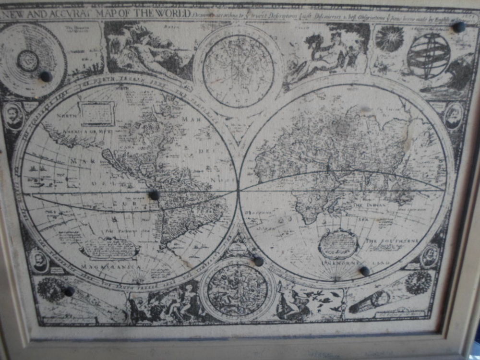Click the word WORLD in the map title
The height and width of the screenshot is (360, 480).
point(166,13)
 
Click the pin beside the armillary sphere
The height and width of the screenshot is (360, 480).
point(458,27)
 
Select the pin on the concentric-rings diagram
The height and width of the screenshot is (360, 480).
point(46,76)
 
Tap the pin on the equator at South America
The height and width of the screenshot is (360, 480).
point(154,195)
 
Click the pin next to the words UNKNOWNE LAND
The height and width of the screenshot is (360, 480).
point(365,271)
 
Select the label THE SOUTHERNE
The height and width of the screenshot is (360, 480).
point(393,240)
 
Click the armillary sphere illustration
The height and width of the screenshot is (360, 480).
point(428,56)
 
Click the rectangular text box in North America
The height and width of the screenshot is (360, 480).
point(97,114)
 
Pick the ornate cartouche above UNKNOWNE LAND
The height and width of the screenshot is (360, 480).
point(338,244)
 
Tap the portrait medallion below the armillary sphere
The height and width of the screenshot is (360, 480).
point(453,116)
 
